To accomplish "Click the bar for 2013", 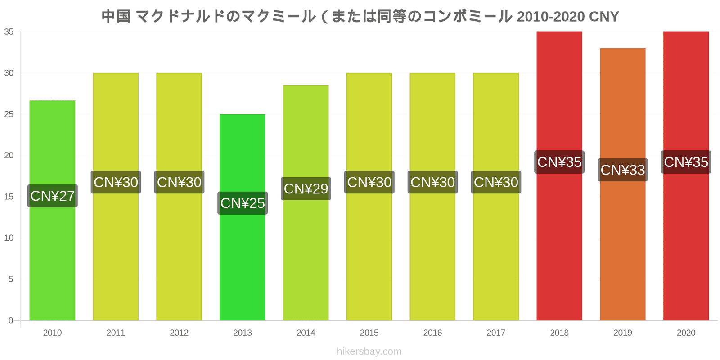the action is coord(243,217).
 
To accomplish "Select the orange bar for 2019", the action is coord(623,184).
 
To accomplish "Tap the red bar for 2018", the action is coord(559,176).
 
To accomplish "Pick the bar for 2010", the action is coord(52,211).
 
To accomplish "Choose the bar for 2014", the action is coord(306,203).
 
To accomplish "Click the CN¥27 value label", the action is coord(52,196).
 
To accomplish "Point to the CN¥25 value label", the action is coord(243,203).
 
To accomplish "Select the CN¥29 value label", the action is coord(306,189).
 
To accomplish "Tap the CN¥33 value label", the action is coord(623,170).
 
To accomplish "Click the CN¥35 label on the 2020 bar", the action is coord(686,162).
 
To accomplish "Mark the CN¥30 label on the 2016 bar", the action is coord(432,182).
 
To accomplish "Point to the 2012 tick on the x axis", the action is coord(179,333).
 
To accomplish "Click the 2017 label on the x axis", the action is coord(496,333).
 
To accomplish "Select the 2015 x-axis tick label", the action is coord(369,333).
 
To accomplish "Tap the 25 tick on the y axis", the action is coord(9,114).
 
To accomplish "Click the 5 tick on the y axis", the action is coord(11,279).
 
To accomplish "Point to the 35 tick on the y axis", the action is coord(9,32).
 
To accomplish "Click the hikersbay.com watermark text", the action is coord(369,351).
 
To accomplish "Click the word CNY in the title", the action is coord(603,17).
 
